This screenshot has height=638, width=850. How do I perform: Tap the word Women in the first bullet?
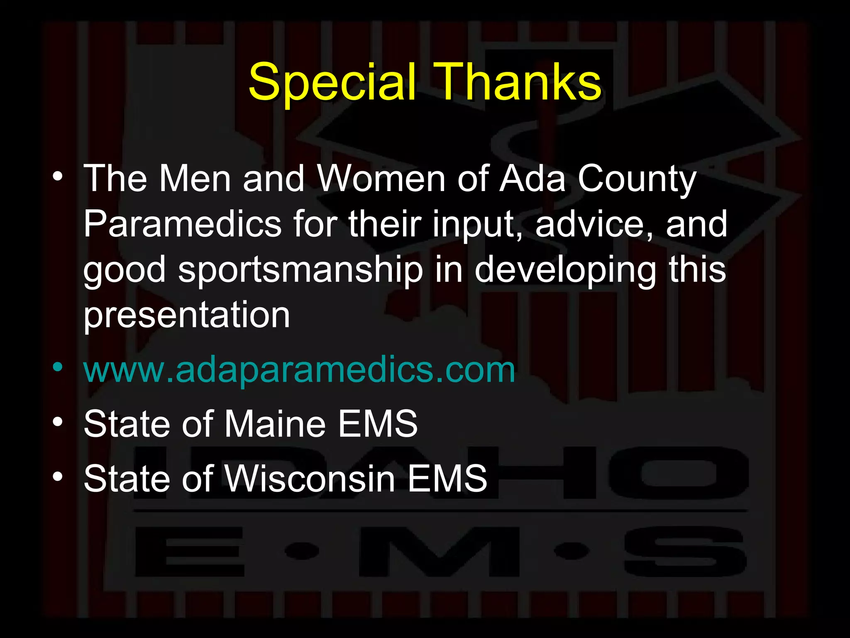pos(381,179)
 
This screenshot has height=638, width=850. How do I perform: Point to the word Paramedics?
pos(183,224)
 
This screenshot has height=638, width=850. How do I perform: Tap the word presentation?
pos(187,316)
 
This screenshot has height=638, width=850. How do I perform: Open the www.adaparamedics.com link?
pos(299,370)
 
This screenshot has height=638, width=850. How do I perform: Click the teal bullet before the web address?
pos(58,367)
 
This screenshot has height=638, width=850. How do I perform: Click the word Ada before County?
pos(532,179)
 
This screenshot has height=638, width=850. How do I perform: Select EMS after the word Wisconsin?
pos(447,478)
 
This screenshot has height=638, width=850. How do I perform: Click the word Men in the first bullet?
pos(195,179)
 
